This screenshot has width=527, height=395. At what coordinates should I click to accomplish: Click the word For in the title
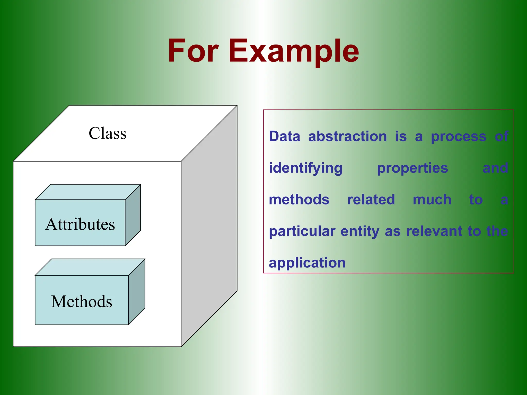click(x=193, y=51)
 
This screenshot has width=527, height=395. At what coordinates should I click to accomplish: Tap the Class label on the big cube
click(x=108, y=133)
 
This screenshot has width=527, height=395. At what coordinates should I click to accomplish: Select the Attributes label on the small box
click(x=80, y=224)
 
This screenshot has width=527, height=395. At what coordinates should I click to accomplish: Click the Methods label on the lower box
click(x=82, y=301)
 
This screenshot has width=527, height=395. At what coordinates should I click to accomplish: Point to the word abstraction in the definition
click(x=347, y=136)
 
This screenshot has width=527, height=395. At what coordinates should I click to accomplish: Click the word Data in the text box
click(x=284, y=136)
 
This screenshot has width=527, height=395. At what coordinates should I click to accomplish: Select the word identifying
click(x=305, y=168)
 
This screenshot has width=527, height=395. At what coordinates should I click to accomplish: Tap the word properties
click(x=412, y=168)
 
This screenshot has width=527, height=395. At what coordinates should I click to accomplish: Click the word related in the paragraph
click(x=371, y=200)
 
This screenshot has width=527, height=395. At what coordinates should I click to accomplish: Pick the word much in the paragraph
click(x=432, y=200)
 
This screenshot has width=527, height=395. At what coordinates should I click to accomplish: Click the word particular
click(x=302, y=231)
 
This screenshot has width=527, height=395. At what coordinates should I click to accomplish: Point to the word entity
click(x=360, y=231)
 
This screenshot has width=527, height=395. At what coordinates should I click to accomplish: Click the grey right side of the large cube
click(x=209, y=226)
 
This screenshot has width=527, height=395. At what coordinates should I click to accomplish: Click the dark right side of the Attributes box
click(x=133, y=215)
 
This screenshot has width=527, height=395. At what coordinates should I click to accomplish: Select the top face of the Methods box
click(x=90, y=267)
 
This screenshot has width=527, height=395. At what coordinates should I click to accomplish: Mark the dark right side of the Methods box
click(x=137, y=292)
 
